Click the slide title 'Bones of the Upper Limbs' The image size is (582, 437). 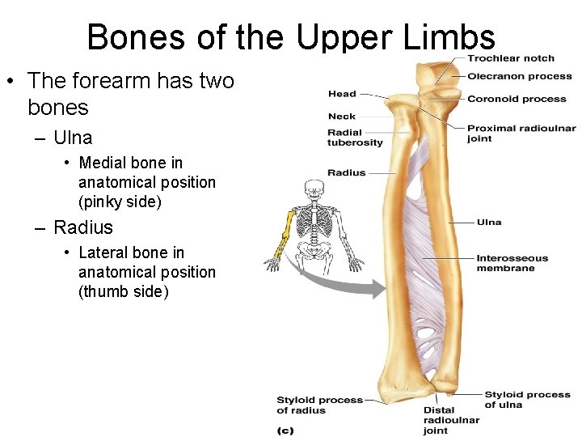[291, 37]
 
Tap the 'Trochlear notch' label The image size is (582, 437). [510, 58]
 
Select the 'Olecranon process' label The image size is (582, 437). [520, 77]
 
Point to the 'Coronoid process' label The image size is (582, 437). [517, 100]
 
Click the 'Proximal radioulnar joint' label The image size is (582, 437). [521, 133]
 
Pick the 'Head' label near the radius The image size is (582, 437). [342, 95]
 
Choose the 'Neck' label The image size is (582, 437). [342, 117]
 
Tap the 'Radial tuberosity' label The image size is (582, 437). [354, 138]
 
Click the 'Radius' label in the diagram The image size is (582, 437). [346, 172]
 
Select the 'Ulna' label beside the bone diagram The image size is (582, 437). [488, 222]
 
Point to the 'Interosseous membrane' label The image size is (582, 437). [512, 263]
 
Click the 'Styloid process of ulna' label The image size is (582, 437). [527, 400]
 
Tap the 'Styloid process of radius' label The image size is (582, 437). [319, 405]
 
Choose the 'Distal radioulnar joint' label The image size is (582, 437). [451, 420]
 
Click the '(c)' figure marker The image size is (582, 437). [285, 431]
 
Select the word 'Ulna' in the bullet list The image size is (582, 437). [73, 138]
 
